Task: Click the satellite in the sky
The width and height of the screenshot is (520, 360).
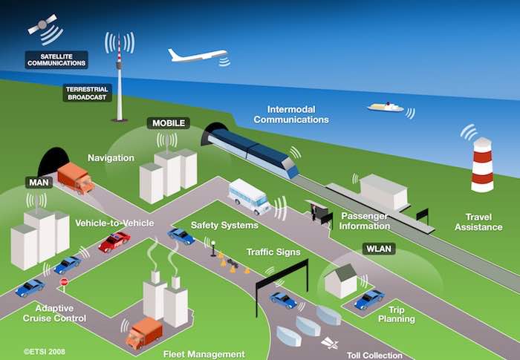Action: click(42, 25)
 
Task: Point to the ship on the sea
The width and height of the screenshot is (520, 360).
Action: click(385, 108)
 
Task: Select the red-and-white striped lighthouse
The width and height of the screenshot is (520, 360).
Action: click(483, 164)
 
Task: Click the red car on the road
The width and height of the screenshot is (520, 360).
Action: click(114, 242)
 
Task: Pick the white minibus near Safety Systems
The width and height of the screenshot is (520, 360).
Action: click(249, 196)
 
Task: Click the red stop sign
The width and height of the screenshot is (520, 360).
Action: click(64, 282)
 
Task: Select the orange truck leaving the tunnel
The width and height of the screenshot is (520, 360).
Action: click(75, 178)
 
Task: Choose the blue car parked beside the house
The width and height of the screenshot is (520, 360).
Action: click(369, 299)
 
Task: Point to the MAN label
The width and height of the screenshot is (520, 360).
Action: click(38, 182)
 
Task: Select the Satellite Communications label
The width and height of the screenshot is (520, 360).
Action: click(56, 59)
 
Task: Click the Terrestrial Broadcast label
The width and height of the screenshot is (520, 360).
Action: click(88, 93)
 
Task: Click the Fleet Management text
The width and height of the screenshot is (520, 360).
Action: click(204, 354)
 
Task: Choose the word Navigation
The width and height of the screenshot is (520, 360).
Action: click(111, 158)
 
